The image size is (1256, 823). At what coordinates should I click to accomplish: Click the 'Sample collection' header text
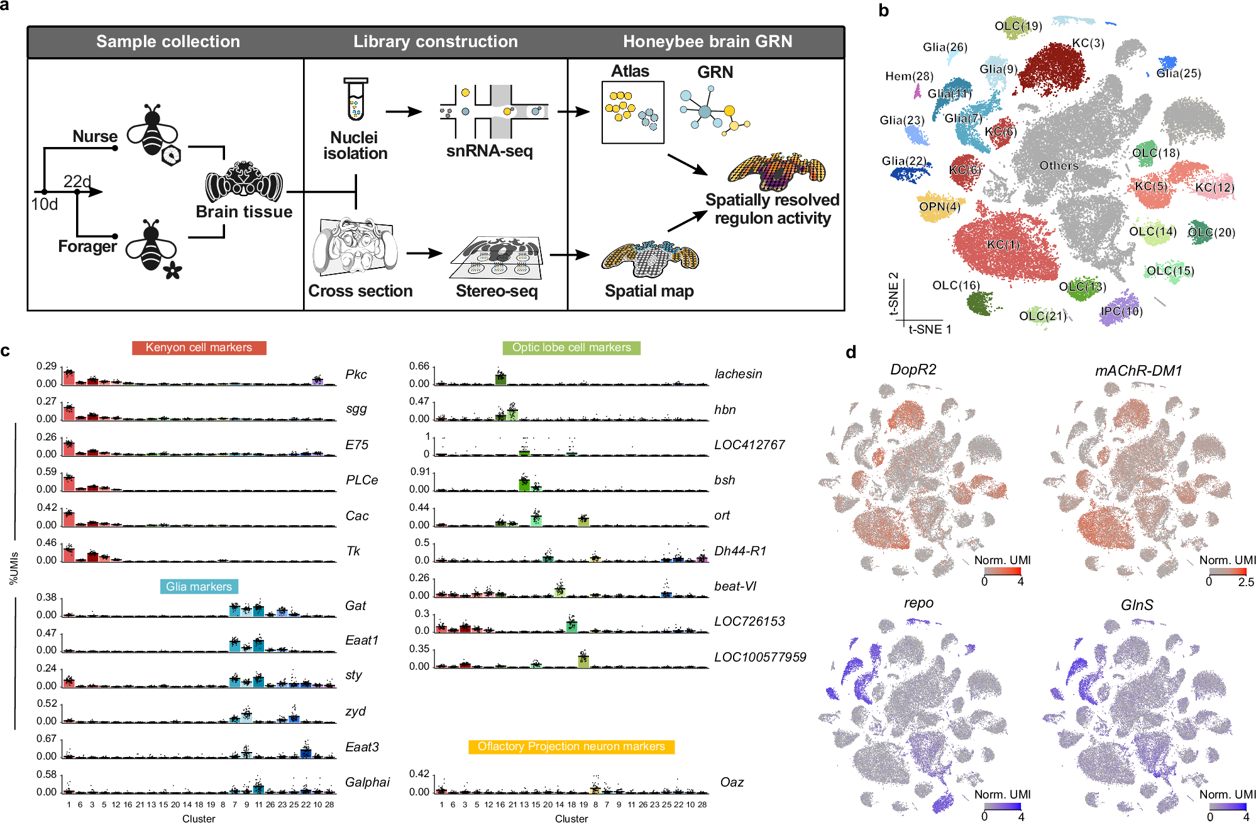[168, 41]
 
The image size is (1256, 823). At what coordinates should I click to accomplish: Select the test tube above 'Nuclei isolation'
[356, 99]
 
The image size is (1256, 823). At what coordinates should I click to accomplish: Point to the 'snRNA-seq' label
[489, 151]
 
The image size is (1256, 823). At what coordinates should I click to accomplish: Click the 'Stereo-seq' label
[497, 291]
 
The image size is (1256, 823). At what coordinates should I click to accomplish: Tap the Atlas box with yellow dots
[632, 112]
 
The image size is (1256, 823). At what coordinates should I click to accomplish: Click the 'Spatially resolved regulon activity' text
[772, 209]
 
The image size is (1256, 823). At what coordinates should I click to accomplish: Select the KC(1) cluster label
[1003, 244]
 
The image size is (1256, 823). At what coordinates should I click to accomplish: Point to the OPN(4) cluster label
[939, 207]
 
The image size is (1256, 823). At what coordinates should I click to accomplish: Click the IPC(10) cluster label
[1121, 312]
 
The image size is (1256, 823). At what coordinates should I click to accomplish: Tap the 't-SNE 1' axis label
[930, 329]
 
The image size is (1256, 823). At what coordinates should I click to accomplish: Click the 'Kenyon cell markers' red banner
[199, 347]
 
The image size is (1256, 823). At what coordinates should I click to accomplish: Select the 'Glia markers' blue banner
[199, 586]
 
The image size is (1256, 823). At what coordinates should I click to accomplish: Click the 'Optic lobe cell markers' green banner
[571, 347]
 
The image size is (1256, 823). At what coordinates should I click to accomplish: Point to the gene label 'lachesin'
[738, 374]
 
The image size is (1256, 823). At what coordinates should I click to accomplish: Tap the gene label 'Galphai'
[367, 782]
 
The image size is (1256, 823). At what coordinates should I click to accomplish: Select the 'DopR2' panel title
[913, 369]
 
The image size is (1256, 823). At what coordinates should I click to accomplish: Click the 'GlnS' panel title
[1137, 605]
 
